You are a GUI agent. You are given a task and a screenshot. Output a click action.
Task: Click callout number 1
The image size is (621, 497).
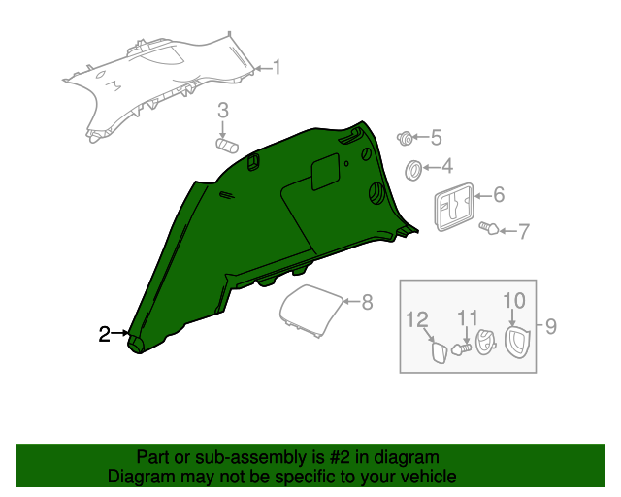(277, 67)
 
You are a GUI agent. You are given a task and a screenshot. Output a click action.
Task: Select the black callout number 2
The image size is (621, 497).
(104, 334)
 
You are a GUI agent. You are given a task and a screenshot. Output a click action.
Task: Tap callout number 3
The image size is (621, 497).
(223, 111)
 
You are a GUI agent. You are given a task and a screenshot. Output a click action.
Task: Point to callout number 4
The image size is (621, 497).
(447, 166)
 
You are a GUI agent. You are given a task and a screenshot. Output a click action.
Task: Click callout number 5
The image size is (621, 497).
(436, 138)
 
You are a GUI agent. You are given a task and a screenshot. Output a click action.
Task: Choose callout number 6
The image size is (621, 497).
(499, 195)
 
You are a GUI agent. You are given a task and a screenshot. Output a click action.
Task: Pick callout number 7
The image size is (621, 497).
(524, 231)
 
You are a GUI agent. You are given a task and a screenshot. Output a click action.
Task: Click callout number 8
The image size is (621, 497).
(367, 302)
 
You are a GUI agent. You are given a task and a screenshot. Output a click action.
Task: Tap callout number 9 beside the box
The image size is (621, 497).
(551, 326)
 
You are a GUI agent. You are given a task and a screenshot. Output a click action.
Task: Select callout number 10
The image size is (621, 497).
(514, 301)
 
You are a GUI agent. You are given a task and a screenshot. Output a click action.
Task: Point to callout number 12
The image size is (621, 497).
(417, 319)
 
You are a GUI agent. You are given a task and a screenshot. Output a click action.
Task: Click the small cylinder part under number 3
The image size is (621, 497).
(227, 146)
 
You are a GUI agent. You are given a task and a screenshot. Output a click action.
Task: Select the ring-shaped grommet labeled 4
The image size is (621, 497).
(413, 171)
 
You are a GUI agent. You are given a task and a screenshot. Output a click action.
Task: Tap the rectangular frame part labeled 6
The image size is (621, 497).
(455, 207)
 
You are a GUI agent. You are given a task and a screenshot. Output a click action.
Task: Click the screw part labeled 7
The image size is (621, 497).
(489, 228)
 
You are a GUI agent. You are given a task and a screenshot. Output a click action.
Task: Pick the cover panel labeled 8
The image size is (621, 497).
(311, 312)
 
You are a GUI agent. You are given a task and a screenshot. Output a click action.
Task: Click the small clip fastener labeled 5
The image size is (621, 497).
(405, 138)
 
